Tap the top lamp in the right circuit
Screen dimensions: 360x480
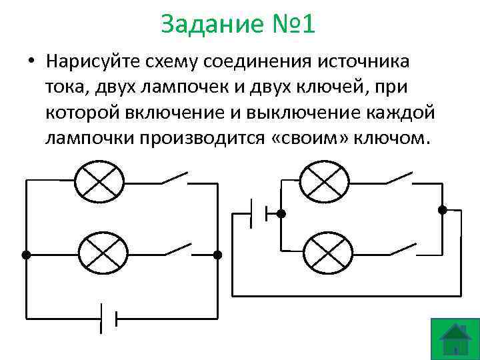[x=325, y=180]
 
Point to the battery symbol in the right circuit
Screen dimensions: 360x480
[x=259, y=214]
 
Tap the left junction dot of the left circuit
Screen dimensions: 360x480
[x=25, y=255]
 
